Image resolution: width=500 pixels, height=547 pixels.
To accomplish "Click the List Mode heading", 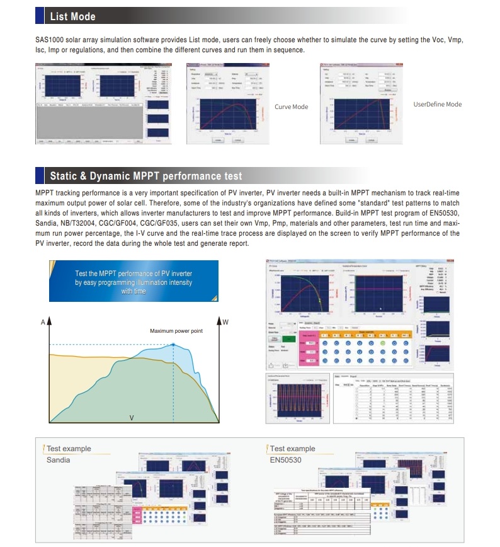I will click(73, 16).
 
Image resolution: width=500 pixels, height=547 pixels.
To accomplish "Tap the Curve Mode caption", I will click(292, 107).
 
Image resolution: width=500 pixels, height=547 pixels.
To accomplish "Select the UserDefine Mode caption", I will click(438, 105).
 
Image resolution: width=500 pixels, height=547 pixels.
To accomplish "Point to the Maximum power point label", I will click(176, 331).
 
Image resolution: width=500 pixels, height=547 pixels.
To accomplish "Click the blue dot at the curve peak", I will click(174, 345).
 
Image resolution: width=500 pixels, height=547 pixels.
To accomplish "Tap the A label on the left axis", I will click(43, 322).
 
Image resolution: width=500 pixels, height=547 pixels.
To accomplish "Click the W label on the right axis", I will click(225, 322).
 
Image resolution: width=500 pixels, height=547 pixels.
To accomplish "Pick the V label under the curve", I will click(132, 417).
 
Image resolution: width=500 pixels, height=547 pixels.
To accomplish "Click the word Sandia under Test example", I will click(58, 460).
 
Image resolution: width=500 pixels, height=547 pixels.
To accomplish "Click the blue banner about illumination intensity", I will click(134, 282).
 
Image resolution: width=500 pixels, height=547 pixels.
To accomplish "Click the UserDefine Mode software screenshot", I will click(361, 104).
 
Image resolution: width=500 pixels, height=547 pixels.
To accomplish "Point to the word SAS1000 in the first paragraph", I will click(49, 40).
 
